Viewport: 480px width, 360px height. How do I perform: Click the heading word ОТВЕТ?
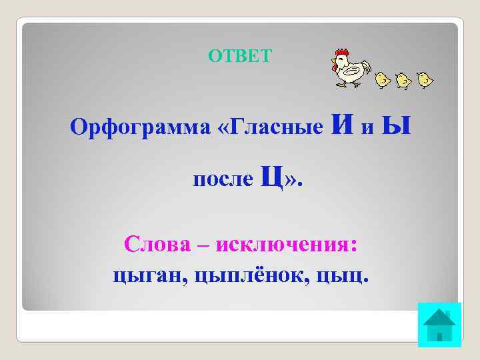tap(240, 56)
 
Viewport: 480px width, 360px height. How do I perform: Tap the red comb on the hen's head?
tap(341, 51)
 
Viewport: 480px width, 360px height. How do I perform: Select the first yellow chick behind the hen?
tap(381, 80)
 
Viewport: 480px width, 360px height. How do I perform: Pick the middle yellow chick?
tap(402, 80)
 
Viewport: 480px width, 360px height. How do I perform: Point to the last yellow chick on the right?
tap(423, 80)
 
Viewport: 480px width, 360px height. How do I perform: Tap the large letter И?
tap(343, 124)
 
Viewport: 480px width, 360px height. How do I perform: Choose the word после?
tap(223, 179)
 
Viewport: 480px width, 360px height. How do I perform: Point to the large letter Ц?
tap(271, 177)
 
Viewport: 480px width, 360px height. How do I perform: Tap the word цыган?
tap(149, 275)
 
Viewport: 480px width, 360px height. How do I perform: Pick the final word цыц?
tap(349, 275)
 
